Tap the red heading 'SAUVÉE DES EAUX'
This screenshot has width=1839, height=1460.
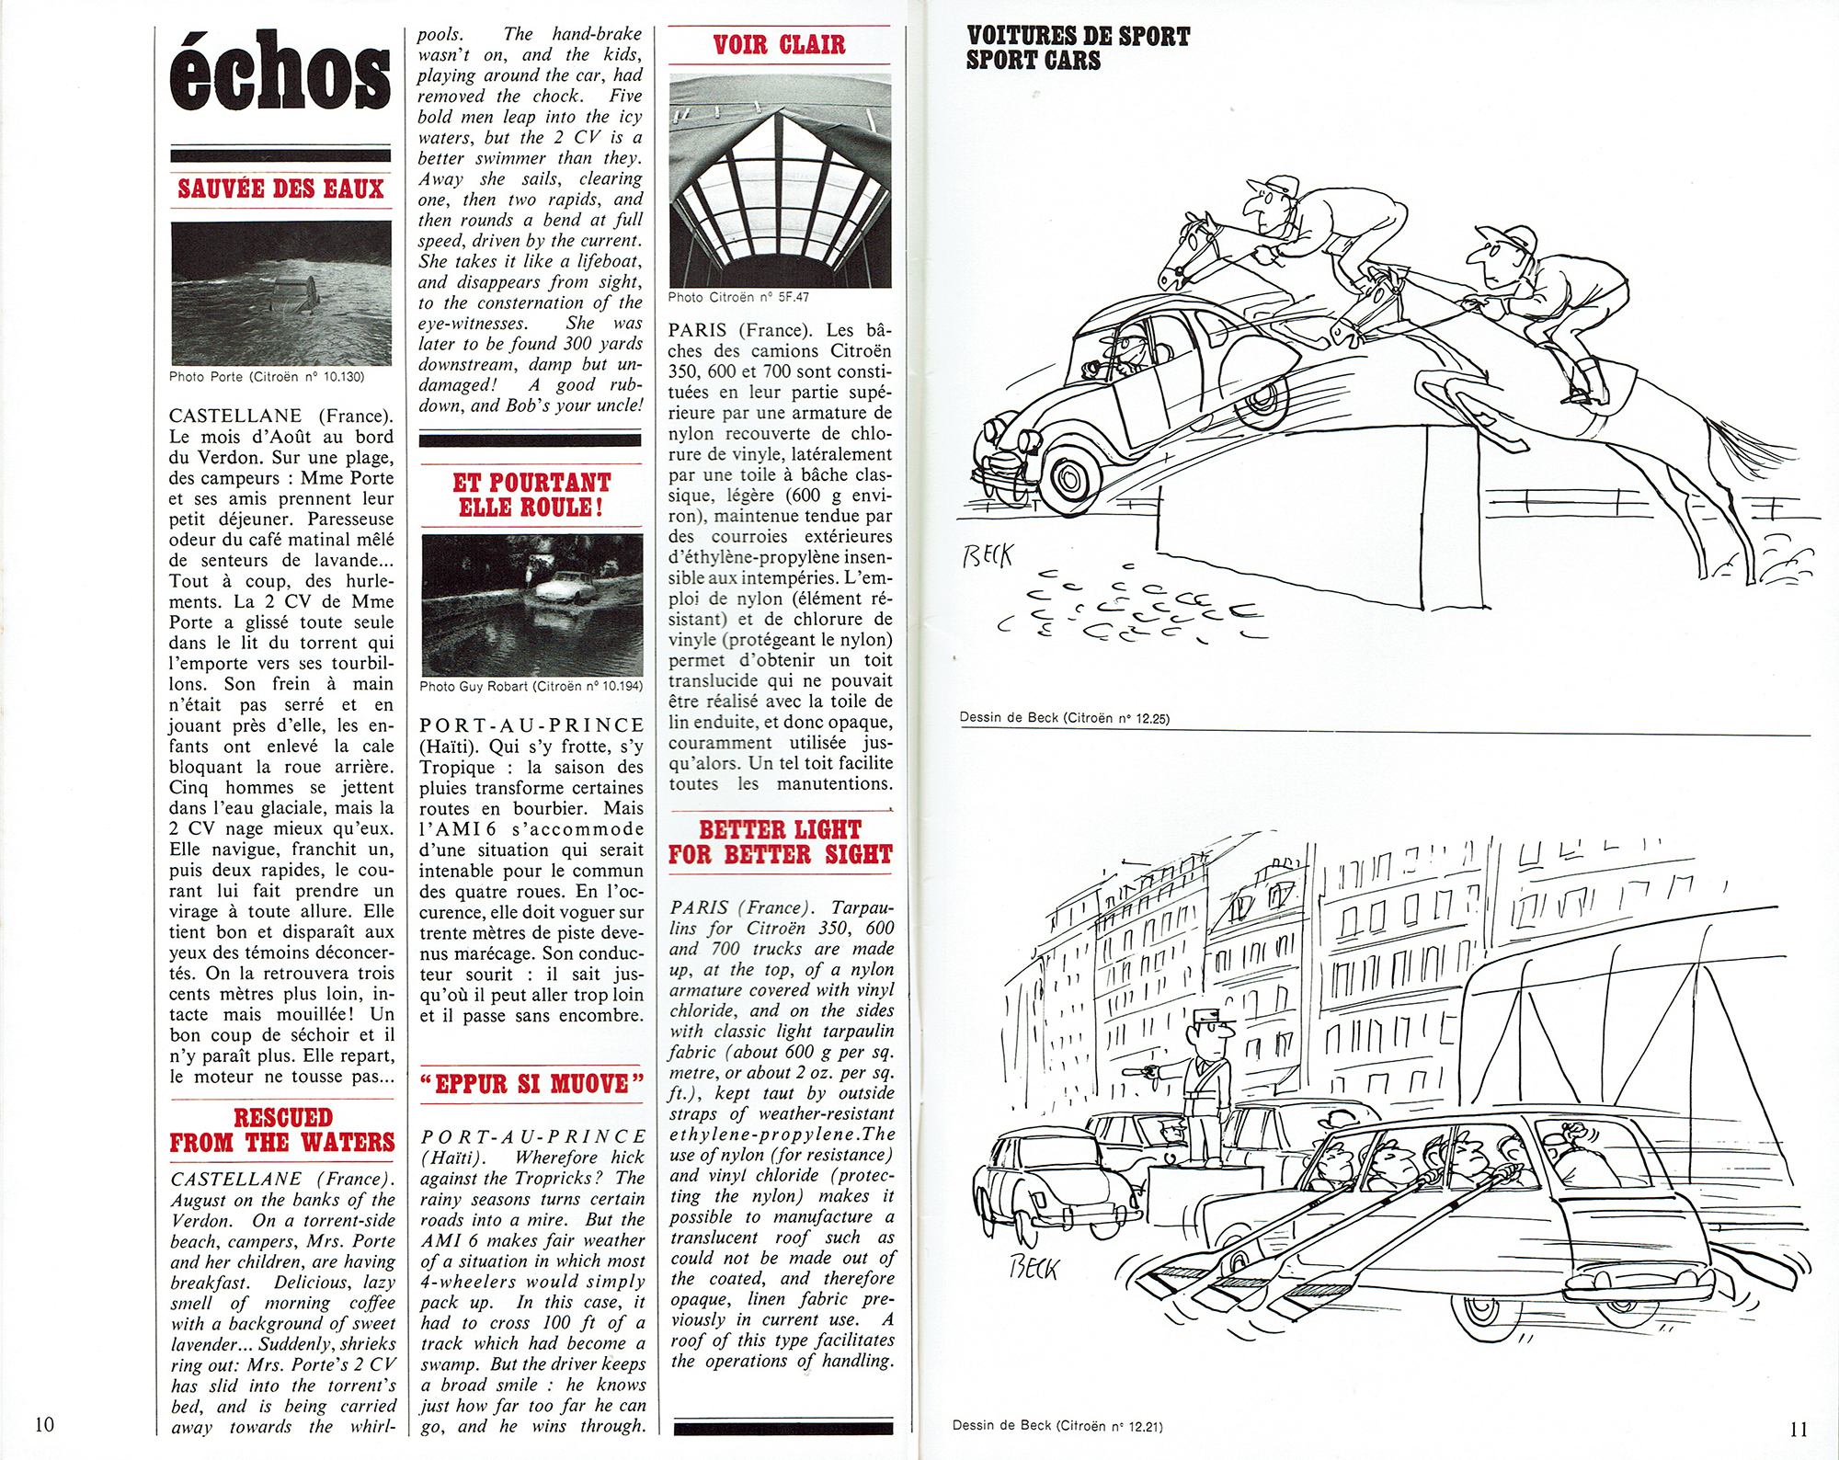click(x=280, y=188)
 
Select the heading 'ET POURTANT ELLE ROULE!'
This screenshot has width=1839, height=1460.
click(x=531, y=495)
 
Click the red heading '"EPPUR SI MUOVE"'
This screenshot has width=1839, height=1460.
click(x=531, y=1084)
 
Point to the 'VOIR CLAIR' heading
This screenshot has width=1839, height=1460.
click(x=779, y=44)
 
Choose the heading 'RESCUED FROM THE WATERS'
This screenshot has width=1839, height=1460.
click(x=281, y=1130)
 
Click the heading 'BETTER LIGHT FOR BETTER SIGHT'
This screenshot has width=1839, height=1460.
click(x=780, y=842)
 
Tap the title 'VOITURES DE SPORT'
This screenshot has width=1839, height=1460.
click(x=1078, y=37)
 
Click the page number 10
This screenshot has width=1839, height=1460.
click(x=44, y=1424)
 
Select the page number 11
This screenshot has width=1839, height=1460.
click(x=1798, y=1428)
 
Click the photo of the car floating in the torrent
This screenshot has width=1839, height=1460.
click(x=280, y=293)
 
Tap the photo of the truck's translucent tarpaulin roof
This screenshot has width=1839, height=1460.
click(x=780, y=180)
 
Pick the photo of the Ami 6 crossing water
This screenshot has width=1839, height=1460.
click(x=531, y=604)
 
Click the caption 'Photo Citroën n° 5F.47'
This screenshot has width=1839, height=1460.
click(x=738, y=297)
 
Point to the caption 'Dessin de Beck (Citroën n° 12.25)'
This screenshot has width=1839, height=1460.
click(x=1064, y=718)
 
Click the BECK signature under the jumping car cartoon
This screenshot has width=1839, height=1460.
click(x=987, y=555)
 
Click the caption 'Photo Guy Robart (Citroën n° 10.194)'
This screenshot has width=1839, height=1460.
click(x=531, y=686)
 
